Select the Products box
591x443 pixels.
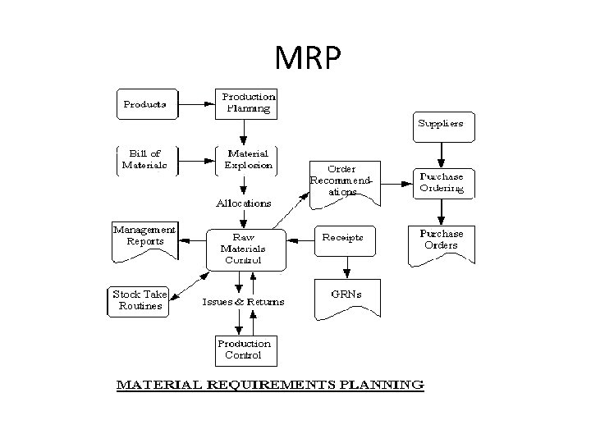pos(144,104)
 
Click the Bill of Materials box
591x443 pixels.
pos(144,158)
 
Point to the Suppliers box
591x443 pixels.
pos(442,125)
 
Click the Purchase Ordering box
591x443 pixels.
pos(442,182)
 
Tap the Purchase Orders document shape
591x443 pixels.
pos(442,243)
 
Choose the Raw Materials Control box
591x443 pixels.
pos(243,248)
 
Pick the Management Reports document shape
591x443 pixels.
pos(144,240)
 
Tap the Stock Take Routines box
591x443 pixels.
pos(139,300)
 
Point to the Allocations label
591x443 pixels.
pos(244,203)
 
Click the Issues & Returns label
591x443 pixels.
pos(244,302)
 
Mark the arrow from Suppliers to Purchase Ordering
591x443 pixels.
pos(442,153)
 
